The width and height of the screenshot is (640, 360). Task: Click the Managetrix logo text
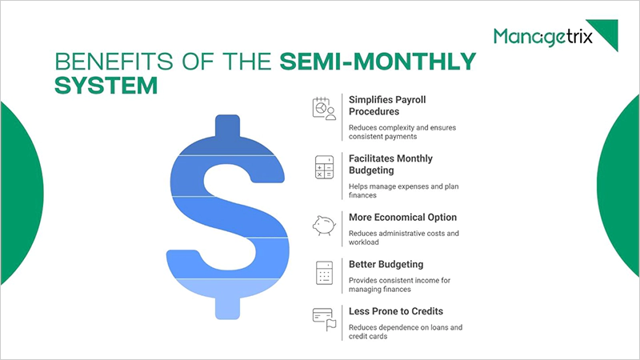543,37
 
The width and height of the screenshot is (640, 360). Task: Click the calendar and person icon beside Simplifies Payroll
323,108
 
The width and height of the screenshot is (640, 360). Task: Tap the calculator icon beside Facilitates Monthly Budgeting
323,167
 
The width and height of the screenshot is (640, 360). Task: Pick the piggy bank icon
323,225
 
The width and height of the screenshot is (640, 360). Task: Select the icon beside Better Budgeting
323,272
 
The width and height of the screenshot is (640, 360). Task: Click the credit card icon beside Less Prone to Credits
323,318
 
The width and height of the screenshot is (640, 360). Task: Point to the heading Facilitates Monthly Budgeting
390,164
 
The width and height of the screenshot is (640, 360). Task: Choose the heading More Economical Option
402,217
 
